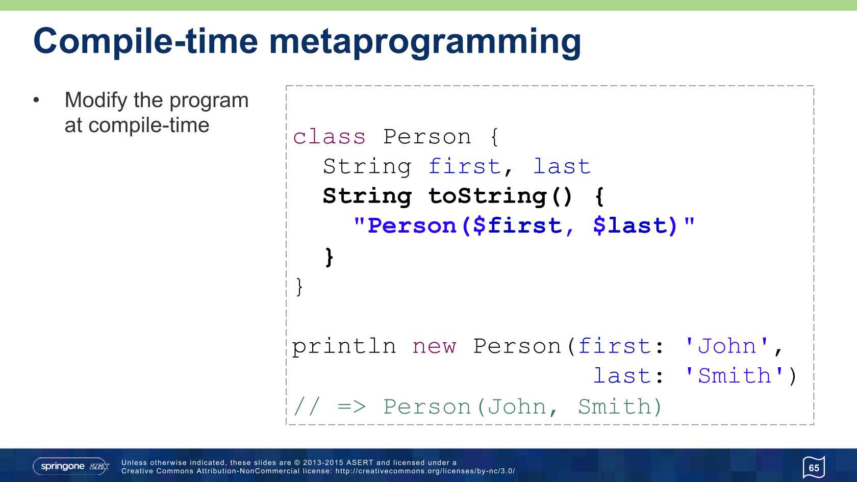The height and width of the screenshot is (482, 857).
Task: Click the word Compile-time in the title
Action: (x=145, y=42)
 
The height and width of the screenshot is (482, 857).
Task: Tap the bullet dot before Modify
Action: (x=36, y=100)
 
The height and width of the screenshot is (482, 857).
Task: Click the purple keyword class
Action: (x=330, y=137)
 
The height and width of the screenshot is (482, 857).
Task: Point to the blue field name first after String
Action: (x=464, y=166)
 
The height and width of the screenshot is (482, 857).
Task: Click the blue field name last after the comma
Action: (x=562, y=167)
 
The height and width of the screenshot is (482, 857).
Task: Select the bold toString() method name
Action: (x=500, y=197)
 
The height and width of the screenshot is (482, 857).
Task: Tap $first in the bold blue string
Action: (x=517, y=225)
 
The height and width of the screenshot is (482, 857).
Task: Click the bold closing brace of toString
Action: (x=329, y=257)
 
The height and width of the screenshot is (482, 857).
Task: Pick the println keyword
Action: (x=344, y=346)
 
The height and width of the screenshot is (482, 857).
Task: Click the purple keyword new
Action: (x=434, y=347)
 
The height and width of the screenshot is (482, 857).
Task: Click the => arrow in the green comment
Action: (x=351, y=407)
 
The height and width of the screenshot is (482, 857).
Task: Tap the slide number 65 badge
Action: (x=814, y=467)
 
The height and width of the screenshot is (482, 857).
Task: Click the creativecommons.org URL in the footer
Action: (x=425, y=471)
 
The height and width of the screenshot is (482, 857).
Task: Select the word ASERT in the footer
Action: (x=360, y=463)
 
